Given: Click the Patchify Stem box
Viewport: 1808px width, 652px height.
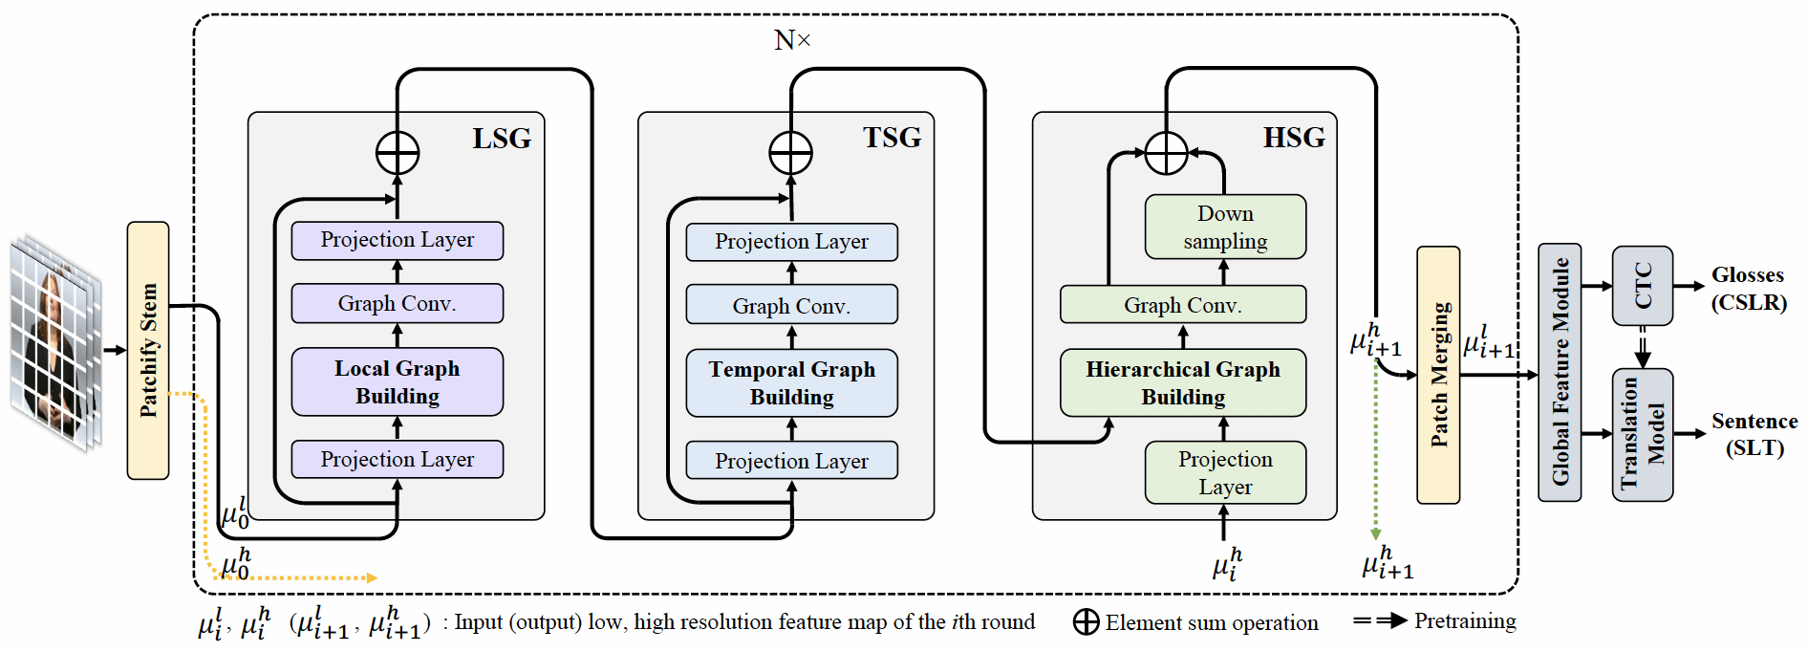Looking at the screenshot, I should (148, 350).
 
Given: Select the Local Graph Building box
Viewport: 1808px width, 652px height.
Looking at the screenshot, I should (397, 381).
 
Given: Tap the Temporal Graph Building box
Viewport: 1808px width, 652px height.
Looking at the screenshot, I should (791, 382).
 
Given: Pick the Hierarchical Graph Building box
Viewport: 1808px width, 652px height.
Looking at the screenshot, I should (1182, 382).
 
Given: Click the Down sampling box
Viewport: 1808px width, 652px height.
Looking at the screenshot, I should (1225, 227).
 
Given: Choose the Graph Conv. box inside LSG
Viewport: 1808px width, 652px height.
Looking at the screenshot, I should (397, 303).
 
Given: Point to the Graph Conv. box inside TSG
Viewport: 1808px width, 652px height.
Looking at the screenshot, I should (791, 305).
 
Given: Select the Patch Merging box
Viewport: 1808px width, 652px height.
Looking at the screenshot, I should (1437, 375).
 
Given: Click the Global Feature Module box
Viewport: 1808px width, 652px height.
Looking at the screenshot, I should (1560, 372).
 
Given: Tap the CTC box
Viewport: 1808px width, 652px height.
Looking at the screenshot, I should (1642, 286).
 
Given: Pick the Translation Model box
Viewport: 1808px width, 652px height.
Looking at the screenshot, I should (1642, 434).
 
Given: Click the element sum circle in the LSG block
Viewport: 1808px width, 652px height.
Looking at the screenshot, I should (398, 153).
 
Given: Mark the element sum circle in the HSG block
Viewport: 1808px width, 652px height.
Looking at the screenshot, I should (1166, 153).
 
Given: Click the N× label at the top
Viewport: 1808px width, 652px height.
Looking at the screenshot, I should (792, 40).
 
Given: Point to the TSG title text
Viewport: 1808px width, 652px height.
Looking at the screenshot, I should (892, 138).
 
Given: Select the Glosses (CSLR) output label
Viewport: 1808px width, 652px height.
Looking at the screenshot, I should (1748, 289).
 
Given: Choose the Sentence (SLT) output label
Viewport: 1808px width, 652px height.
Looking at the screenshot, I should (1754, 434).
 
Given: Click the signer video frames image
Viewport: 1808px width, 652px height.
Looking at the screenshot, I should (55, 342).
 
